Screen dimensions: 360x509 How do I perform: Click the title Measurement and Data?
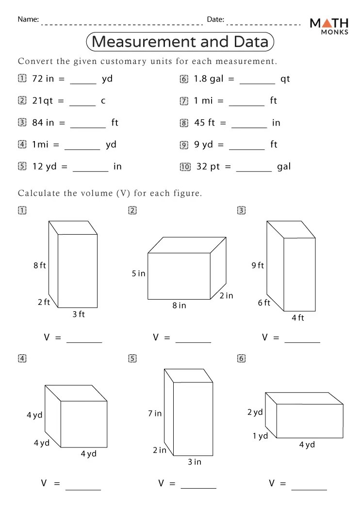pyautogui.click(x=180, y=42)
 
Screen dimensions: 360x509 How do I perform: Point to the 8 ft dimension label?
pyautogui.click(x=40, y=265)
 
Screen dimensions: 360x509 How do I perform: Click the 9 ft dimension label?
pyautogui.click(x=258, y=265)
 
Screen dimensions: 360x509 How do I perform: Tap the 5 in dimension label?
pyautogui.click(x=138, y=273)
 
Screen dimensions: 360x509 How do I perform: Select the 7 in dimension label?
pyautogui.click(x=155, y=414)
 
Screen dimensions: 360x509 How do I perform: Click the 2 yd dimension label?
pyautogui.click(x=255, y=413)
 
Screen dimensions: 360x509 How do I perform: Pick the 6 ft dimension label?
pyautogui.click(x=264, y=303)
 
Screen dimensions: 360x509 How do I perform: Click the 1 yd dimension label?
pyautogui.click(x=260, y=436)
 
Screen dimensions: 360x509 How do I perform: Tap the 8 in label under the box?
pyautogui.click(x=179, y=305)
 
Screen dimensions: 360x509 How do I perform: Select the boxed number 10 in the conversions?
pyautogui.click(x=185, y=167)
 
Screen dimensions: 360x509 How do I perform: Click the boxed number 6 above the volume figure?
pyautogui.click(x=241, y=359)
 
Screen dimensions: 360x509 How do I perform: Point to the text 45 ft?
pyautogui.click(x=204, y=123)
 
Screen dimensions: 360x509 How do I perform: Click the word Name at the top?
pyautogui.click(x=28, y=20)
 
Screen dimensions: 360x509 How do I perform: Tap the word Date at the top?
pyautogui.click(x=215, y=20)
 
